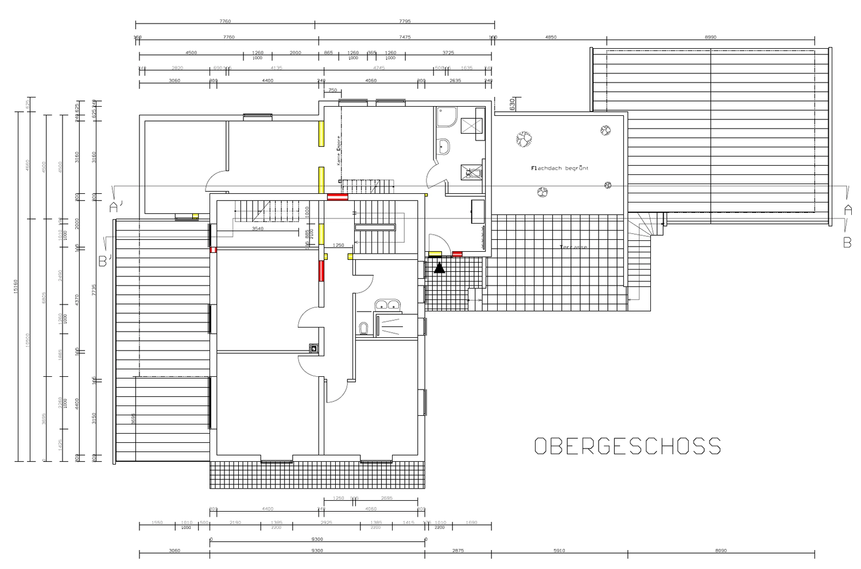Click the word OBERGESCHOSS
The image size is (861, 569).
tap(627, 446)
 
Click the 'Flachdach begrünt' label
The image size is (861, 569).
tap(560, 169)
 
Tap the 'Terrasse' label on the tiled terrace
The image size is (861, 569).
tap(573, 247)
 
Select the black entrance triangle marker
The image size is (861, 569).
tap(440, 267)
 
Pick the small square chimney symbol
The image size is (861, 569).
tap(313, 348)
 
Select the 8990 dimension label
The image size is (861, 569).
tap(710, 37)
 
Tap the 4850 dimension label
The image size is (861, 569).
tap(550, 37)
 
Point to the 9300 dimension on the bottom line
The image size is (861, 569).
tap(317, 551)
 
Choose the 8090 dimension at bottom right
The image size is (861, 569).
tap(721, 551)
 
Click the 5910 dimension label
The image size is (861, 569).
tap(559, 551)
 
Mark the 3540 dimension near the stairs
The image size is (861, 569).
tap(258, 229)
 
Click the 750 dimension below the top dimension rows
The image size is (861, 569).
tap(332, 90)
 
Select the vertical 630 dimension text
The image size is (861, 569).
tap(512, 104)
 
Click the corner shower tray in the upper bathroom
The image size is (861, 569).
tap(445, 118)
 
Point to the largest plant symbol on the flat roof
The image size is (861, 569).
tap(524, 139)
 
